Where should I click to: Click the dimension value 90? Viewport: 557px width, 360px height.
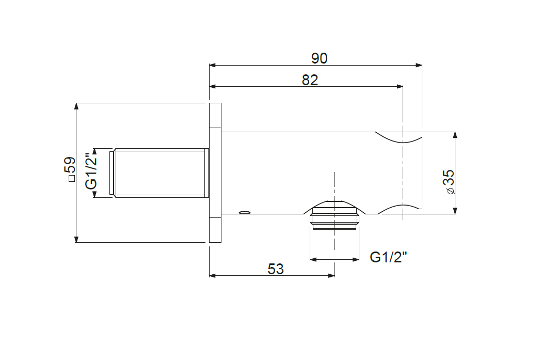(319, 58)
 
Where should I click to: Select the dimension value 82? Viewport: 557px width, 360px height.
(310, 80)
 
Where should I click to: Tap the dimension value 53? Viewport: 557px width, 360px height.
(276, 269)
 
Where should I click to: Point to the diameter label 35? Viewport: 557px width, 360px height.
(449, 178)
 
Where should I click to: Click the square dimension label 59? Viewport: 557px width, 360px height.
(70, 165)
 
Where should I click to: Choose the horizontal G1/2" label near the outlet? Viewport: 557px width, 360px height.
(388, 257)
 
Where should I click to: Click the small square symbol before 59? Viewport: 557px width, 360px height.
(72, 179)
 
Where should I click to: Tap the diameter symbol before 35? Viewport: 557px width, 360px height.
(451, 191)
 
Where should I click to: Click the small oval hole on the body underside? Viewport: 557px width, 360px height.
(244, 212)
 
